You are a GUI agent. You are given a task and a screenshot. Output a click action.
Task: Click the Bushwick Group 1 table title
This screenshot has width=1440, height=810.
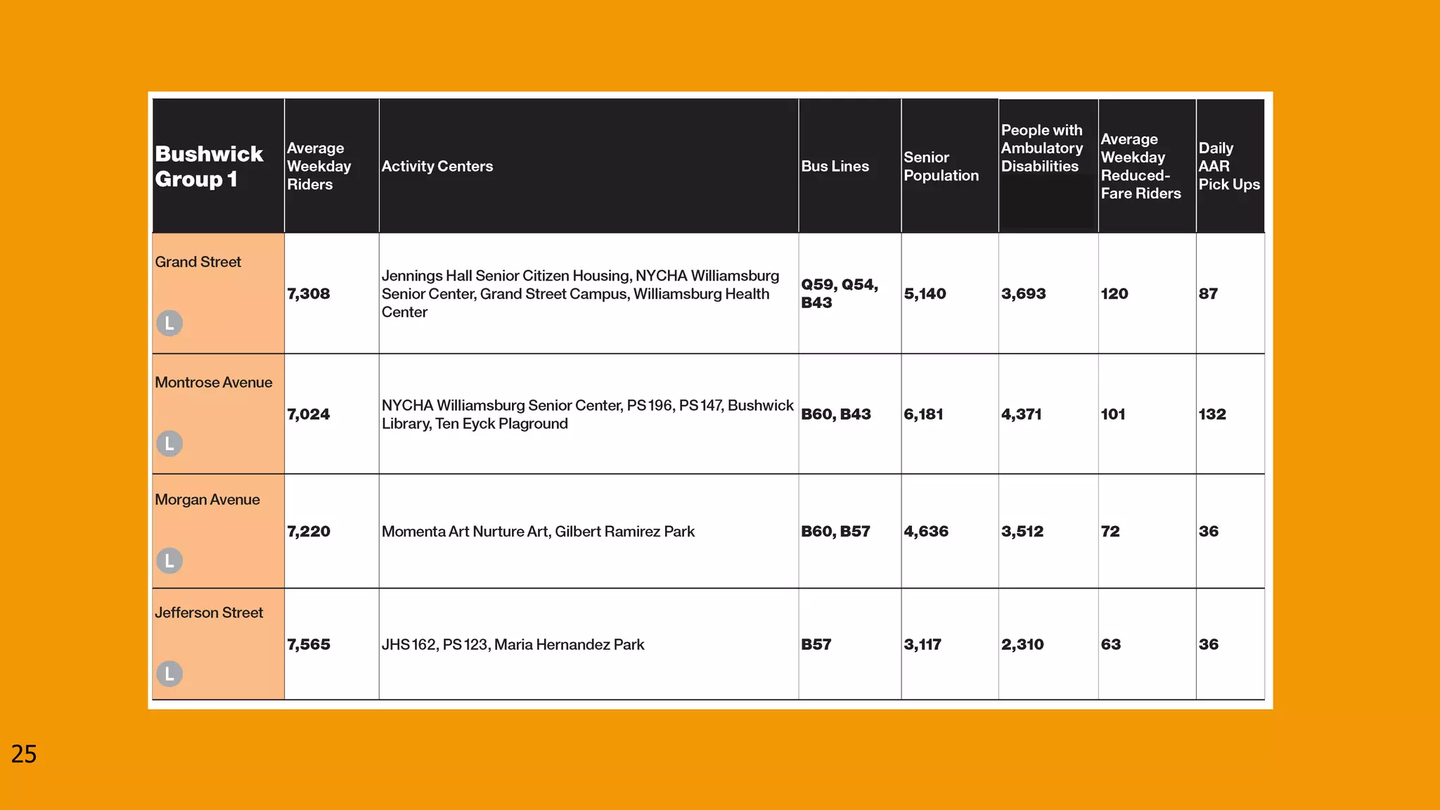(209, 167)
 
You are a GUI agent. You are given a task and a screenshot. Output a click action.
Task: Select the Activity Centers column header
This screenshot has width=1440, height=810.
(437, 167)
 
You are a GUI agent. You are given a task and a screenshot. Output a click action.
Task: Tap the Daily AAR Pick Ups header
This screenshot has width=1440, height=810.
(1228, 167)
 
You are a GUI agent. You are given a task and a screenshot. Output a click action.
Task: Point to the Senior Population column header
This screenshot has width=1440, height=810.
(941, 167)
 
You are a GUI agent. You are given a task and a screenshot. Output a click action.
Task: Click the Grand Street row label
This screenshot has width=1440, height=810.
(198, 262)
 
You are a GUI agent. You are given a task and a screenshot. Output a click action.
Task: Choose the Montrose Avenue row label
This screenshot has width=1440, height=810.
(213, 382)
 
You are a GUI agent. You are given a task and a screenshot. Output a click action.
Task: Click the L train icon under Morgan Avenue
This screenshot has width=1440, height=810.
(169, 560)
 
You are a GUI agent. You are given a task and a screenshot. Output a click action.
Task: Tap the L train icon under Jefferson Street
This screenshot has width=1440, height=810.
(169, 674)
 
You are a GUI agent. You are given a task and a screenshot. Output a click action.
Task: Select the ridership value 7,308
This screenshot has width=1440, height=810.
(308, 294)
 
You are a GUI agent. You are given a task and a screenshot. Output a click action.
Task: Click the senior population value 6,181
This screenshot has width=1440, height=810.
(923, 414)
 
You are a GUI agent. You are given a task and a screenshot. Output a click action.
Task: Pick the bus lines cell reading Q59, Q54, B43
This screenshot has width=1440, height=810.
(839, 293)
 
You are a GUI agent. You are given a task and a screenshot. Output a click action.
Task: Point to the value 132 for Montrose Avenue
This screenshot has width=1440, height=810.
(1212, 414)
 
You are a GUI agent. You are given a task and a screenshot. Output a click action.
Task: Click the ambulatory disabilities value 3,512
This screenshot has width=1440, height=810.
(1022, 532)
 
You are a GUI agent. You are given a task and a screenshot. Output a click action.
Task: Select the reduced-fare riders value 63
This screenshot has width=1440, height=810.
(1110, 645)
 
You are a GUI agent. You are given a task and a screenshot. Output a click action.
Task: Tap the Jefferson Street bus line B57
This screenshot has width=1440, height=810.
(816, 645)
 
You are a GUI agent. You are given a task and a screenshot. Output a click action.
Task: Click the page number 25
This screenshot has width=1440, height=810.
(24, 754)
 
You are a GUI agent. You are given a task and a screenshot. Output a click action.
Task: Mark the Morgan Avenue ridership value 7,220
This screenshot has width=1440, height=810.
(308, 532)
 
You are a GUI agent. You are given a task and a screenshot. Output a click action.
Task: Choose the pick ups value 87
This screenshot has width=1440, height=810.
(1208, 294)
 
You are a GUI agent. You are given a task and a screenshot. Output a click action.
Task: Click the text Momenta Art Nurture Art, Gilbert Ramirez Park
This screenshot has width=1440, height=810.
(538, 532)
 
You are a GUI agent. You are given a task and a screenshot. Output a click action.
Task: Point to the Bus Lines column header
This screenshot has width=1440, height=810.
(835, 167)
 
